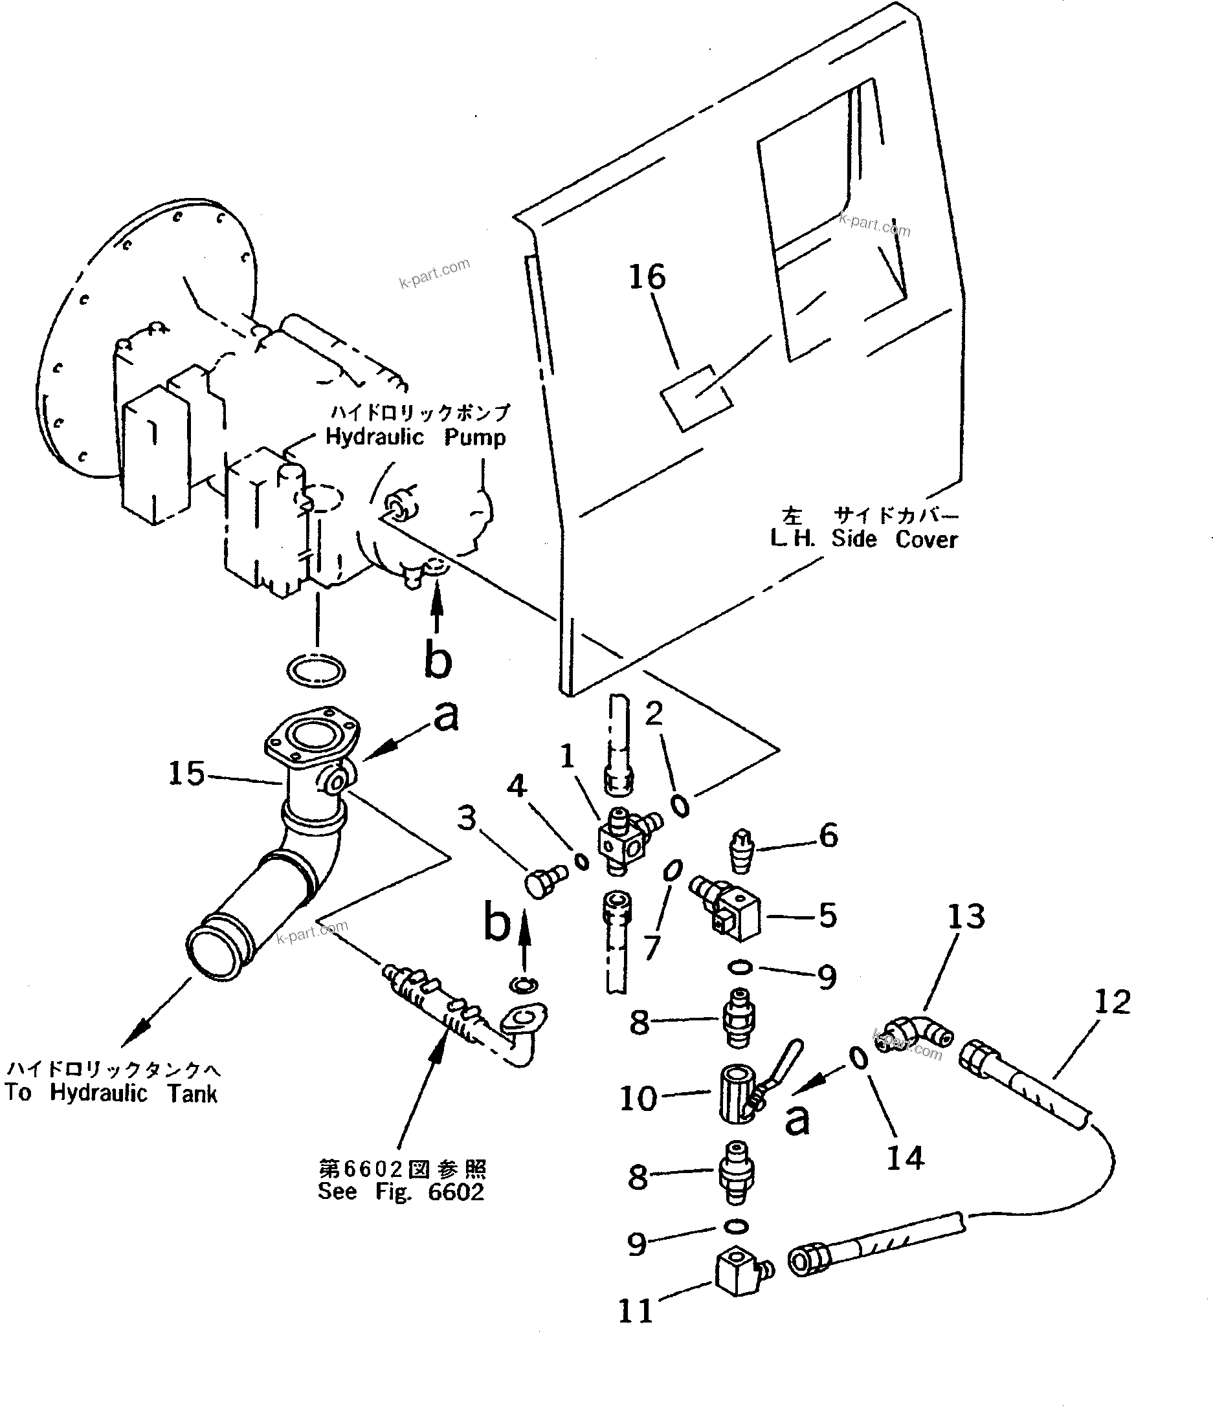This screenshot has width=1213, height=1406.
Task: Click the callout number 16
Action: pos(647,278)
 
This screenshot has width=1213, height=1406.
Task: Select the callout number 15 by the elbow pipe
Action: pos(186,774)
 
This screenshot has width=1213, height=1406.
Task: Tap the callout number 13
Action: pos(966,917)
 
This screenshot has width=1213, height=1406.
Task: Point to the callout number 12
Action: pos(1112,1002)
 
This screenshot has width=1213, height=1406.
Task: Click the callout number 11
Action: pos(636,1311)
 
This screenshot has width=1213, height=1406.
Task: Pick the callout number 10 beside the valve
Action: pos(638,1098)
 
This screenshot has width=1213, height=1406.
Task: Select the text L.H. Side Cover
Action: pos(863,540)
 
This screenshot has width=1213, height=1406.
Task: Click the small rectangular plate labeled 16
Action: pos(696,399)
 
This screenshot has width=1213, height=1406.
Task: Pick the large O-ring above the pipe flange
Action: pos(316,672)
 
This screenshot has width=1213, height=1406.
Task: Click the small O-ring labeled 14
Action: pos(859,1058)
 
